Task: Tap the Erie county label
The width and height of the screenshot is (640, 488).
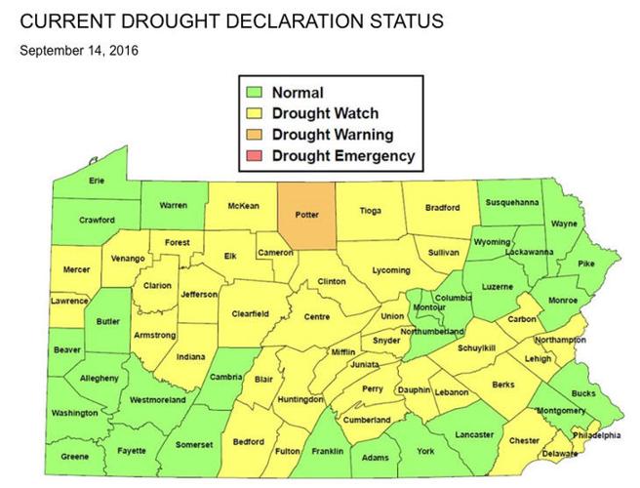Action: pyautogui.click(x=97, y=181)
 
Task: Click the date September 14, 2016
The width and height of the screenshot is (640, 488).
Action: pyautogui.click(x=79, y=50)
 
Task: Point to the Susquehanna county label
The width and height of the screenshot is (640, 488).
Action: pyautogui.click(x=511, y=202)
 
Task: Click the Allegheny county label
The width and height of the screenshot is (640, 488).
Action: pyautogui.click(x=99, y=378)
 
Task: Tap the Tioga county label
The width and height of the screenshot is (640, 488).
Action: pyautogui.click(x=371, y=210)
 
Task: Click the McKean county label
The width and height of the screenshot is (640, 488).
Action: pyautogui.click(x=243, y=206)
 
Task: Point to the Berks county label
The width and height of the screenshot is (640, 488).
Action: pyautogui.click(x=502, y=386)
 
